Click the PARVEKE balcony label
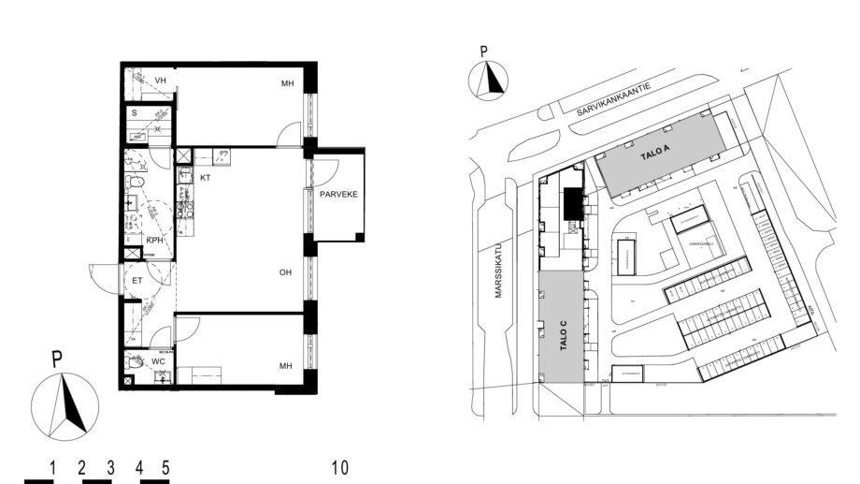(x=338, y=196)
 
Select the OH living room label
(x=286, y=273)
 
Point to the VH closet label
(x=160, y=81)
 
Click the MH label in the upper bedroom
(x=288, y=85)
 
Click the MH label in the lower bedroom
(x=288, y=368)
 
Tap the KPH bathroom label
(x=154, y=241)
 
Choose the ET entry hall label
(x=136, y=279)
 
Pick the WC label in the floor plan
(x=158, y=360)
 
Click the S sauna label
(x=134, y=113)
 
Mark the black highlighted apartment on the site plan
(x=572, y=203)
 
